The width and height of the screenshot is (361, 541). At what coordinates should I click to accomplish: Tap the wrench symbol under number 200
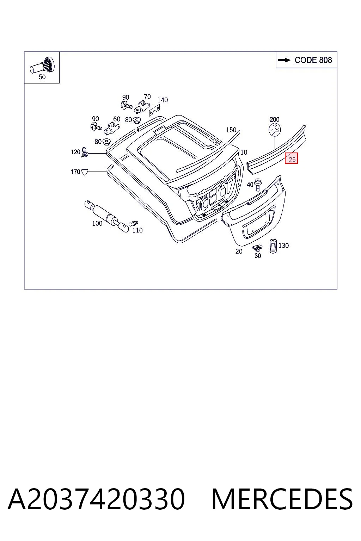click(274, 130)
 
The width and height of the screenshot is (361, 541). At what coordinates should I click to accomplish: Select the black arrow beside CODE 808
click(284, 60)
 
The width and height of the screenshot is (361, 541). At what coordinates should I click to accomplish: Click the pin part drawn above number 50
click(42, 65)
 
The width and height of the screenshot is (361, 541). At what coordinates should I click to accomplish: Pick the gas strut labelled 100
click(106, 216)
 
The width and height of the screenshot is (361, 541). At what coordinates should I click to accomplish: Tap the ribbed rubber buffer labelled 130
click(273, 246)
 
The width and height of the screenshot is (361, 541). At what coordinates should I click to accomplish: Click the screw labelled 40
click(258, 185)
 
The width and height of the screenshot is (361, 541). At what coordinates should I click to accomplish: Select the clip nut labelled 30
click(257, 248)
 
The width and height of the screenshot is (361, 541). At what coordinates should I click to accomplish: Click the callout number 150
click(231, 130)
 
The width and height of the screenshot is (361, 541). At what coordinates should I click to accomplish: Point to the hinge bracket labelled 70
click(142, 107)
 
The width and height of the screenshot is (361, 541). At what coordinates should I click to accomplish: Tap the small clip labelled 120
click(85, 152)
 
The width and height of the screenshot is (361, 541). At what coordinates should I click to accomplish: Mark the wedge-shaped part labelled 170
click(85, 172)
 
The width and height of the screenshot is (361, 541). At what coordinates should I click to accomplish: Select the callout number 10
click(244, 152)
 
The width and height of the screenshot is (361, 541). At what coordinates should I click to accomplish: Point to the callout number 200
click(274, 119)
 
